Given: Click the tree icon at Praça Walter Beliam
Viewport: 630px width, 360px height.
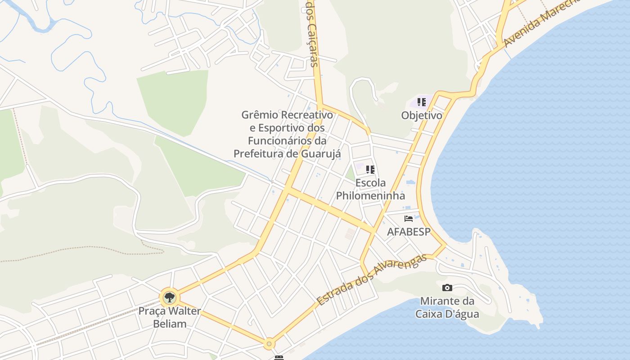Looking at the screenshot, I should click(x=169, y=297).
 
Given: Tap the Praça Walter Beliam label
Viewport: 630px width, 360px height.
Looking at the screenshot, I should click(x=169, y=317).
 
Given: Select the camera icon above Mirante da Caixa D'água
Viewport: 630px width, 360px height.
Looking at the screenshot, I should click(x=447, y=288).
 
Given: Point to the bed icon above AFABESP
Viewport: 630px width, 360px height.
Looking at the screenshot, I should click(x=409, y=219).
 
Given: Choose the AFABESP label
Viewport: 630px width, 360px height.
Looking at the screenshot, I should click(x=409, y=232).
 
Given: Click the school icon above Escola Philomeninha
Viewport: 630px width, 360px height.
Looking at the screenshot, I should click(x=370, y=170).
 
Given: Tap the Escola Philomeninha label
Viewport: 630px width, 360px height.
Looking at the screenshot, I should click(x=370, y=189).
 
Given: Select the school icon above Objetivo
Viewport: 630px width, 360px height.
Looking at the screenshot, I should click(x=421, y=102).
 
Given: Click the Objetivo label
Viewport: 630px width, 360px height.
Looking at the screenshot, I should click(x=422, y=115).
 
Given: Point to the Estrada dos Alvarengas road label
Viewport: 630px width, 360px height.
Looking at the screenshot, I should click(x=371, y=280).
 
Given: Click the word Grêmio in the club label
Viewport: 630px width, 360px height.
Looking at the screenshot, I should click(x=260, y=115).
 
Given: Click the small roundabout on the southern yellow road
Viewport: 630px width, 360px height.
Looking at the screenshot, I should click(x=269, y=344).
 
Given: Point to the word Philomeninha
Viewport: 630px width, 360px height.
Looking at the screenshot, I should click(x=370, y=195).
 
